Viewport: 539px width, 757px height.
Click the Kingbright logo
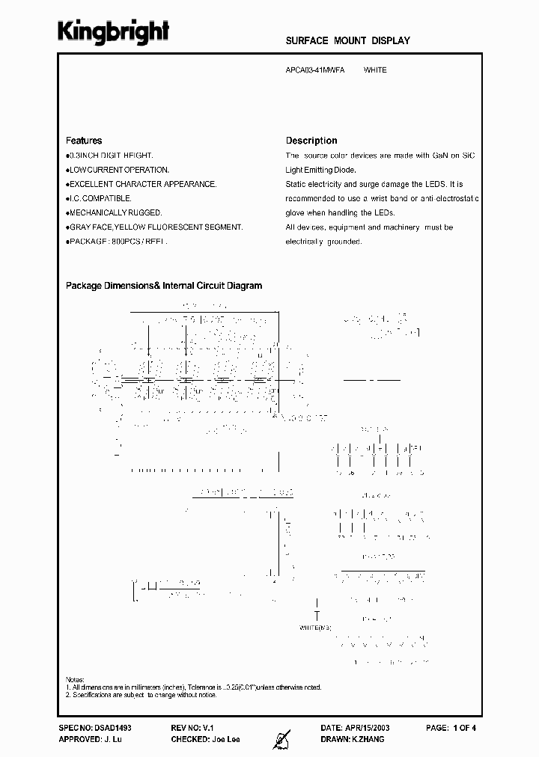click(114, 32)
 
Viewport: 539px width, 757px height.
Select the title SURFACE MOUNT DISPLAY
click(348, 41)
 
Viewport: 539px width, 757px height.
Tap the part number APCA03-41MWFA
click(315, 70)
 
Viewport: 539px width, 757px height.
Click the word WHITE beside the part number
click(375, 70)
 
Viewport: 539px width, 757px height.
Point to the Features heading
click(84, 141)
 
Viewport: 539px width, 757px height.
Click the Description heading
click(311, 141)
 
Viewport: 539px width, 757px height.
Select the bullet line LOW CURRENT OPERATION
click(118, 170)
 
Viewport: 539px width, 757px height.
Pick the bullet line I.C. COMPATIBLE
click(100, 198)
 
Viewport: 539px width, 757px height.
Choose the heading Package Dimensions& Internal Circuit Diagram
click(164, 286)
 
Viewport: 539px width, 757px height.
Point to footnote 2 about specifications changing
click(141, 695)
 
